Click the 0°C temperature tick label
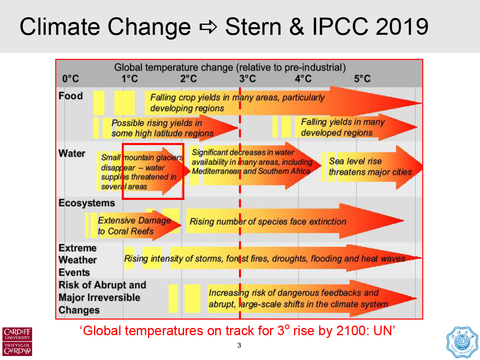pos(71,79)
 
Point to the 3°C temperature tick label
pos(248,79)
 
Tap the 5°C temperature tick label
pos(362,79)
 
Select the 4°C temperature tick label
pos(303,79)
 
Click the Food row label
pos(70,96)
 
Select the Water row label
pos(72,154)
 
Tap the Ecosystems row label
pos(86,203)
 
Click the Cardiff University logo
pos(17,341)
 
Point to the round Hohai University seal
pos(462,341)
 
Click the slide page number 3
pos(239,346)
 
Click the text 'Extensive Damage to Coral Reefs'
pos(134,226)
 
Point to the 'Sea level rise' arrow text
pos(355,162)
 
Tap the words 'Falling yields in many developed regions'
pos(342,127)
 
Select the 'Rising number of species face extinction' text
pos(268,221)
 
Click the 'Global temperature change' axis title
pos(230,67)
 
